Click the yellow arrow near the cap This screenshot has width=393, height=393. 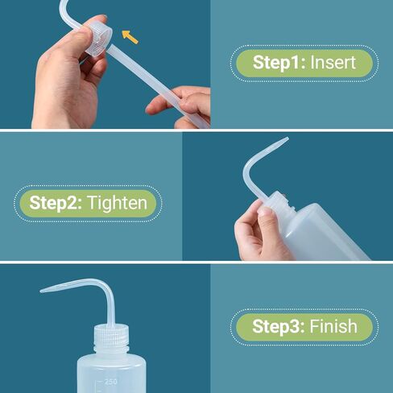pyautogui.click(x=130, y=37)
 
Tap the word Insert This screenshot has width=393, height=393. pyautogui.click(x=333, y=62)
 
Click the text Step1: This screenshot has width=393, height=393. pyautogui.click(x=279, y=63)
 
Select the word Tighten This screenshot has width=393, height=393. pyautogui.click(x=118, y=203)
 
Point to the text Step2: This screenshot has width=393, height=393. pyautogui.click(x=56, y=203)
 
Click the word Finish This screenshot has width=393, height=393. pyautogui.click(x=333, y=326)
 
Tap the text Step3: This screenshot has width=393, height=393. pyautogui.click(x=279, y=327)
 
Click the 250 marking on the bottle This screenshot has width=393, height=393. pyautogui.click(x=111, y=382)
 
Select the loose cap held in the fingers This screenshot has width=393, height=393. pyautogui.click(x=98, y=39)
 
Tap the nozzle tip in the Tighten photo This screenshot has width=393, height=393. pyautogui.click(x=288, y=139)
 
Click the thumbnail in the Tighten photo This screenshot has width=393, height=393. pyautogui.click(x=265, y=211)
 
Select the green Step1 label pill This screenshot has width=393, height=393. pyautogui.click(x=304, y=64)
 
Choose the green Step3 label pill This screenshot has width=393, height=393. pyautogui.click(x=304, y=327)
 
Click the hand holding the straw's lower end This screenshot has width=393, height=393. pyautogui.click(x=183, y=106)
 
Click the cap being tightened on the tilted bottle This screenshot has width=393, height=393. pyautogui.click(x=279, y=203)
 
